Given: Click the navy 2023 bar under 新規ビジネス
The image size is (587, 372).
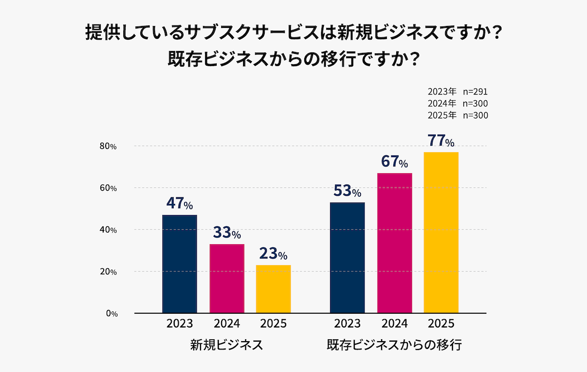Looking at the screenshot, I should [x=179, y=264].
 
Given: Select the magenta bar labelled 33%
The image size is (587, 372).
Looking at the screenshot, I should [x=226, y=279].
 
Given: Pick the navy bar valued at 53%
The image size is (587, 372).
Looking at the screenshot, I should [x=347, y=257].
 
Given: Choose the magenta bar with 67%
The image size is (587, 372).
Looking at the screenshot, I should [x=395, y=243].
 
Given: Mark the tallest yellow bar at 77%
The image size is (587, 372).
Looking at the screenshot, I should [x=441, y=232].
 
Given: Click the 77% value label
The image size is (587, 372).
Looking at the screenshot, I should [x=441, y=141].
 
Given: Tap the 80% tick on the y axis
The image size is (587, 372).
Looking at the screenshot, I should [x=108, y=146].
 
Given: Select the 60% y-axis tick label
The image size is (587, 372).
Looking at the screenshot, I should [x=108, y=188].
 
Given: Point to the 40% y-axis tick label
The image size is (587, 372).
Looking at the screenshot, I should [x=108, y=230].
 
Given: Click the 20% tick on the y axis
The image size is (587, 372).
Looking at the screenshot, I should [x=108, y=272].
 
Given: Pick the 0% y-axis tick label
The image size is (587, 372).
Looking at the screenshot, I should [x=111, y=314].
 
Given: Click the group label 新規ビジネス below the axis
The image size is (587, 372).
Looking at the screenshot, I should [x=227, y=345].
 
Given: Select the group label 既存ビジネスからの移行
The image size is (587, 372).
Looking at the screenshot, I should [x=394, y=345].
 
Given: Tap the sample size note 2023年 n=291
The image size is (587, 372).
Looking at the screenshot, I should [x=457, y=92].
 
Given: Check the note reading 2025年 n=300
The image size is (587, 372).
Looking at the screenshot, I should [x=457, y=116].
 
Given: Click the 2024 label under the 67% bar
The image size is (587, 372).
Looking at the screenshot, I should [x=395, y=324].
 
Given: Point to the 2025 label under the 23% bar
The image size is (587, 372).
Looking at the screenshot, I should [x=273, y=324].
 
